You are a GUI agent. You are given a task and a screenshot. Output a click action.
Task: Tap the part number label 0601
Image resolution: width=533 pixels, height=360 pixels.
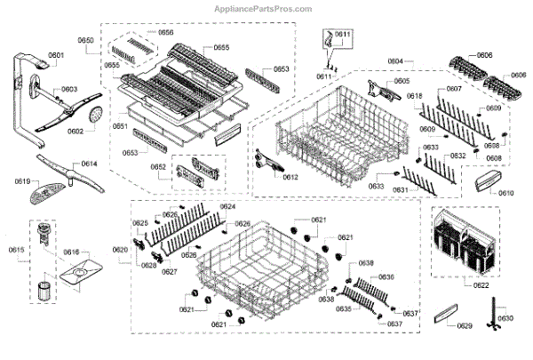[x=57, y=56]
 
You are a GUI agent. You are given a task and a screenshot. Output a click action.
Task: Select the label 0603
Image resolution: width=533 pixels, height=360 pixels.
[x=69, y=90]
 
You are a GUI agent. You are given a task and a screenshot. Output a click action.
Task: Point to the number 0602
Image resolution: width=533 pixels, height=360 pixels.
[x=75, y=132]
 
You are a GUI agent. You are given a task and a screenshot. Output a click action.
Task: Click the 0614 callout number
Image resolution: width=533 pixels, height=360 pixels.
[x=90, y=164]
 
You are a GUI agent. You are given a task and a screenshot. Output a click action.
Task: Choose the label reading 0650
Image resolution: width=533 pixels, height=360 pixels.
[x=86, y=41]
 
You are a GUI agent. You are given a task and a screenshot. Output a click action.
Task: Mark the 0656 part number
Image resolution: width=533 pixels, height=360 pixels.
[x=165, y=33]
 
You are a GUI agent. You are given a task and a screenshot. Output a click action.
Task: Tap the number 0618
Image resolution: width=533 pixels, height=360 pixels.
[x=414, y=96]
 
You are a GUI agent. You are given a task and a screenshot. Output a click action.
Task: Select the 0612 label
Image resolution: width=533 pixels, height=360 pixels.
[x=290, y=177]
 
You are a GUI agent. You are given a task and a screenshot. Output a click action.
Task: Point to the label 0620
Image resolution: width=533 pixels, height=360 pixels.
[x=120, y=250]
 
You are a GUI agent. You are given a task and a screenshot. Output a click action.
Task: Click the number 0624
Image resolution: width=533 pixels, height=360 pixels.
[x=227, y=207]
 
